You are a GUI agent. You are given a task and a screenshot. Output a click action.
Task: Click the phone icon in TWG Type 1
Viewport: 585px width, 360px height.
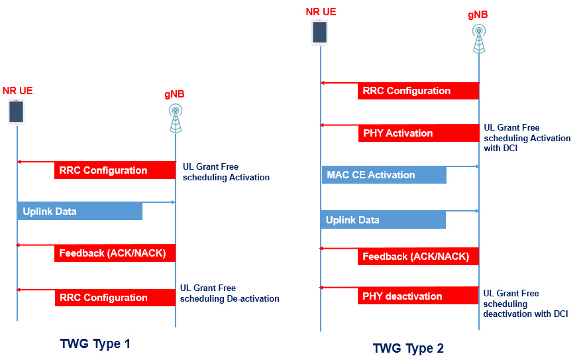[x=17, y=112]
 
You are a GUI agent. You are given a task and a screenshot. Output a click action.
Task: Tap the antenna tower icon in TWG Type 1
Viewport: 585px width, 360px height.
[x=176, y=117]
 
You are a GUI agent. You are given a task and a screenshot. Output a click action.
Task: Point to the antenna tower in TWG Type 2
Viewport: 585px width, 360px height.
[x=478, y=38]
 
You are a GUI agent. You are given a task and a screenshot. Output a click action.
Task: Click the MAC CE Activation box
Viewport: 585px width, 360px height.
[x=384, y=175]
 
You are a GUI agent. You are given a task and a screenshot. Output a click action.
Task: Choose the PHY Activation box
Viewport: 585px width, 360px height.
[x=418, y=133]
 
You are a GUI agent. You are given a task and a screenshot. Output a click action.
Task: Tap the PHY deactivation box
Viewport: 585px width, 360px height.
[x=418, y=296]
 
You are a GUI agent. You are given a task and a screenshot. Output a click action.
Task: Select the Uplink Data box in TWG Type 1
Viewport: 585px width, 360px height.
[x=80, y=211]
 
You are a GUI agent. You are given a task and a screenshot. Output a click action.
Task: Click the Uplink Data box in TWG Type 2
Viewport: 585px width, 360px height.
[x=384, y=220]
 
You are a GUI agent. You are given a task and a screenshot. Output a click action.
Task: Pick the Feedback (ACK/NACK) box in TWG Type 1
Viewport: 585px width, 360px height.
[x=114, y=253]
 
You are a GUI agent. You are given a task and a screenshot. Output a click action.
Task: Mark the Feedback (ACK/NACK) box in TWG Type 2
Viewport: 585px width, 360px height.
[x=418, y=257]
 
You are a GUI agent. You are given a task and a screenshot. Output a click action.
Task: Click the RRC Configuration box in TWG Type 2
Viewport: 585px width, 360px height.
[x=418, y=91]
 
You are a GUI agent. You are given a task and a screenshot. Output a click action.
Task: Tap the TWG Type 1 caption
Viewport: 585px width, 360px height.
[x=95, y=344]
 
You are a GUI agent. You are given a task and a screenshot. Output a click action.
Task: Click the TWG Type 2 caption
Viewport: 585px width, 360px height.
[x=408, y=348]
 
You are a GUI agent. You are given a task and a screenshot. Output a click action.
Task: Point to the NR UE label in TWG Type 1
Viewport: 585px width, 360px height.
[x=18, y=91]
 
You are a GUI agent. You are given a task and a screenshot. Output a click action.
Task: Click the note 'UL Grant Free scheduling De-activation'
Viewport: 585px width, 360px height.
[x=229, y=294]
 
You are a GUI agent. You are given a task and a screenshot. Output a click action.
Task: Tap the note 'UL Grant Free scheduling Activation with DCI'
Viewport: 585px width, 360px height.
[x=527, y=138]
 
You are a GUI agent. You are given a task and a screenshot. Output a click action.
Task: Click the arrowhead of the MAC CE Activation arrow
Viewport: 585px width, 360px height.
[x=476, y=166]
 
